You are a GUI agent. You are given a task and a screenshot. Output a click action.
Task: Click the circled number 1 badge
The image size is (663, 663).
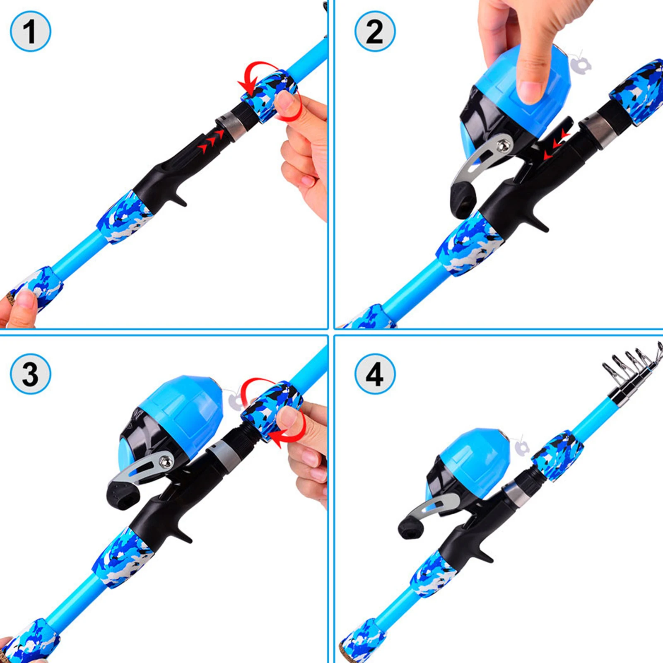coord(30,31)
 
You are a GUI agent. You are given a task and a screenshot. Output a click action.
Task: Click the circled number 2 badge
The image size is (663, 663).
coord(375,31)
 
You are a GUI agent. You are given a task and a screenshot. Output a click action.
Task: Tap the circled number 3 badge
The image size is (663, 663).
coord(30,374)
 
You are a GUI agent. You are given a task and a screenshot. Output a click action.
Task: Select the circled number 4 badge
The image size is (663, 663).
coord(375,374)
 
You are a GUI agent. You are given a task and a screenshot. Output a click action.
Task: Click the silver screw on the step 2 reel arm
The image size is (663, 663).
coord(503,145)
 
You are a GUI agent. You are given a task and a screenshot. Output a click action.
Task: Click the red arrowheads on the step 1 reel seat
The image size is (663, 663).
coord(211,141)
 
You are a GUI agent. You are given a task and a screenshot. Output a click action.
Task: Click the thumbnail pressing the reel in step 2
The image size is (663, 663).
coord(530,91)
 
